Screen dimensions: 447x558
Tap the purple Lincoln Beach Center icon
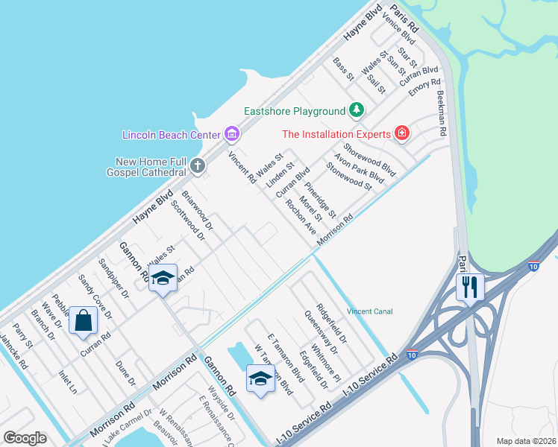pyautogui.click(x=232, y=134)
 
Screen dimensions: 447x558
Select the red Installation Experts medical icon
pyautogui.click(x=402, y=134)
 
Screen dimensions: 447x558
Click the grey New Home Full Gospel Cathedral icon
pyautogui.click(x=198, y=165)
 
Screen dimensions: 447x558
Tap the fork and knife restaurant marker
pyautogui.click(x=470, y=287)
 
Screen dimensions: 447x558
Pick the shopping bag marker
pyautogui.click(x=84, y=321)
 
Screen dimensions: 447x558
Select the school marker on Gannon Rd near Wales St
pyautogui.click(x=162, y=279)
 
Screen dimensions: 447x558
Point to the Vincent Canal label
pyautogui.click(x=369, y=311)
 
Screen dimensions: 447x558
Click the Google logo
pyautogui.click(x=25, y=438)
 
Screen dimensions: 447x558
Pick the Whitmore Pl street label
pyautogui.click(x=326, y=361)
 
